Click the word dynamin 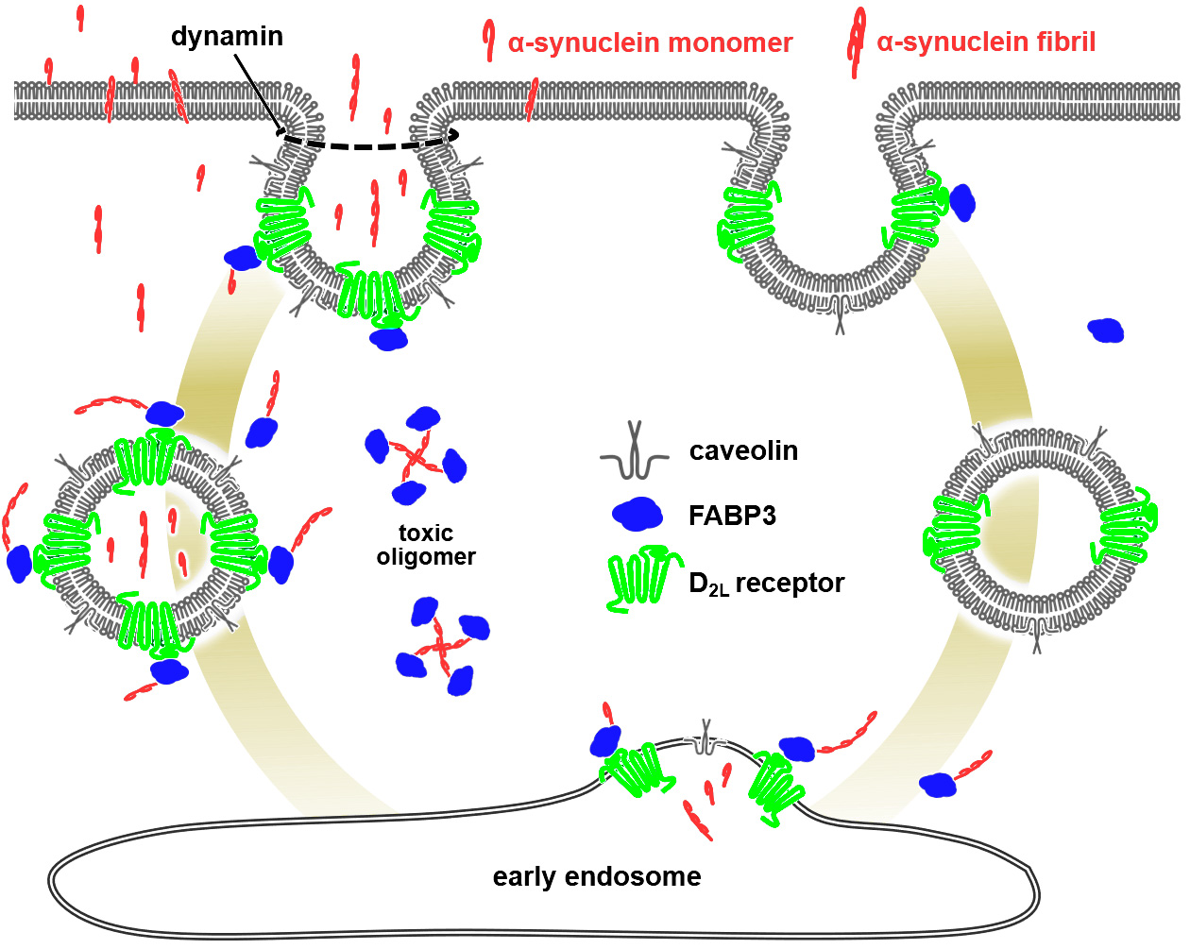[227, 36]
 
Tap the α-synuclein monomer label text [650, 42]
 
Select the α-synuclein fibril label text [986, 42]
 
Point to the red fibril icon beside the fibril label [857, 41]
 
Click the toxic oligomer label [426, 545]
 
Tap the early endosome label [597, 876]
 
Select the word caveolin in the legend [743, 450]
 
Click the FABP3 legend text [732, 516]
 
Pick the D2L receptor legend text [766, 584]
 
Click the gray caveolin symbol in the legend [635, 451]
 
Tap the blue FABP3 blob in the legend [638, 513]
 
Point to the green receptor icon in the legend [642, 578]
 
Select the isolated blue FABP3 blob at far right [1105, 330]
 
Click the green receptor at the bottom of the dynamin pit [373, 295]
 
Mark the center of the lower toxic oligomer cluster [441, 648]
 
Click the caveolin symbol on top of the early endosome [704, 739]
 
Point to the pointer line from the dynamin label [256, 90]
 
